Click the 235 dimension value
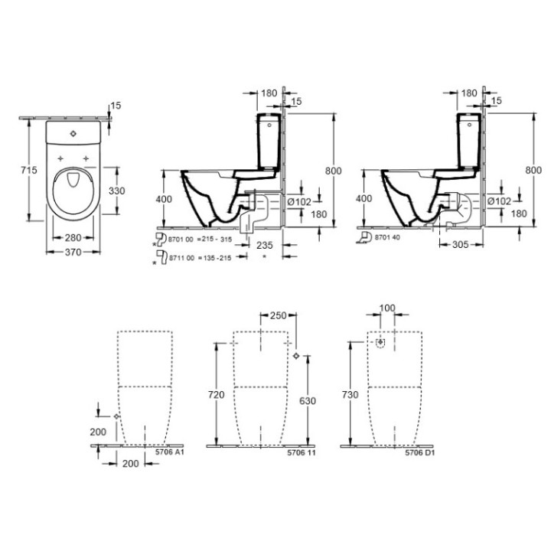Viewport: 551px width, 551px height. click(264, 246)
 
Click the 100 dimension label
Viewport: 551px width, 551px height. click(388, 308)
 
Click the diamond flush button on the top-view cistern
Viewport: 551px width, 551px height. click(74, 133)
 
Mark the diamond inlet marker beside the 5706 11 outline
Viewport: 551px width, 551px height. click(297, 357)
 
